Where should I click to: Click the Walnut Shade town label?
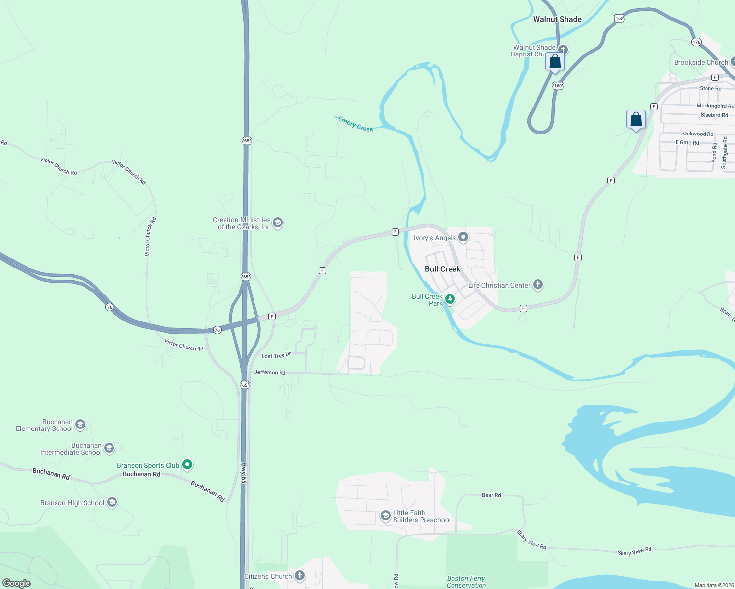tap(557, 19)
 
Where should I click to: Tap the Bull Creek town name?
tap(443, 269)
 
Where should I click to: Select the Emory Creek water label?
tap(356, 124)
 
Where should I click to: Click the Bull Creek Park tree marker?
tap(450, 298)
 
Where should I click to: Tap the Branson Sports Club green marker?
tap(187, 464)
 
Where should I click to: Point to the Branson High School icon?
tap(112, 502)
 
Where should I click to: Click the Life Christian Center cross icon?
tap(538, 284)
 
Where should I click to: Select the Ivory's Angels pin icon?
tap(463, 237)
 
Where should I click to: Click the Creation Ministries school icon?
tap(278, 223)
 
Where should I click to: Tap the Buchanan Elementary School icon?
tap(80, 424)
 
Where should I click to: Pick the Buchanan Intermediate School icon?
tap(109, 448)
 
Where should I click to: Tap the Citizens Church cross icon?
tap(299, 575)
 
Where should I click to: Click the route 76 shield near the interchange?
tap(217, 330)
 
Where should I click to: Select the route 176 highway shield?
tap(696, 42)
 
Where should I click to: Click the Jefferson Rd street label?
tap(270, 373)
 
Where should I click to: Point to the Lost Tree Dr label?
tap(276, 355)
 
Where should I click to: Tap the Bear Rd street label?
tap(491, 495)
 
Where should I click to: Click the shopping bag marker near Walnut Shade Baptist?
tap(555, 62)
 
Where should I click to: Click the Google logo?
tap(17, 583)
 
